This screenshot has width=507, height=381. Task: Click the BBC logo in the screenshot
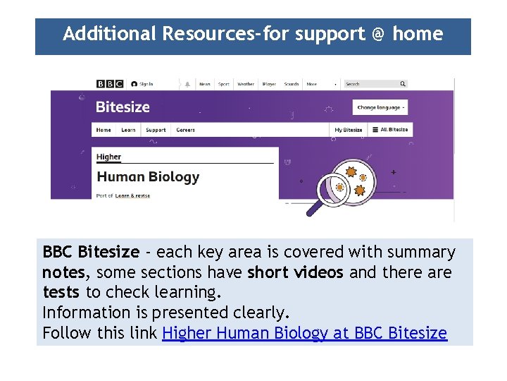point(110,84)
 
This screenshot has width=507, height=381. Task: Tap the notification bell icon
point(187,84)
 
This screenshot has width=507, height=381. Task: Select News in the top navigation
point(204,84)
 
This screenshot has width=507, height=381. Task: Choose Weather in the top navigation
point(246,84)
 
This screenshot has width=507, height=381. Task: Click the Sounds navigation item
point(292,84)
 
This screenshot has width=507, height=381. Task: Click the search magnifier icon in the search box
point(403,84)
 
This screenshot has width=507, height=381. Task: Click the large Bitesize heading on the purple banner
point(123,107)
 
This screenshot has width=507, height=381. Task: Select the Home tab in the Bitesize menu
point(104,130)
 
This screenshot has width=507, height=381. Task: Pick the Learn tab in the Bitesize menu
point(128,130)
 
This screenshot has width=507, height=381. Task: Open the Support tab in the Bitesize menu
point(156,130)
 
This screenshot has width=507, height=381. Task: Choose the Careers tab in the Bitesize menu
point(185,130)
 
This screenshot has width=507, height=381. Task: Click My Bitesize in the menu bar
point(348,130)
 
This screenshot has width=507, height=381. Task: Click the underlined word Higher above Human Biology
point(108,157)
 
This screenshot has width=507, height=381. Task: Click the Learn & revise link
point(132,195)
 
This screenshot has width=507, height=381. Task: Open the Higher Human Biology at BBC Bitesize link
point(304,333)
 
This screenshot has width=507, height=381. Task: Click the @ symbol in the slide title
point(378,34)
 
